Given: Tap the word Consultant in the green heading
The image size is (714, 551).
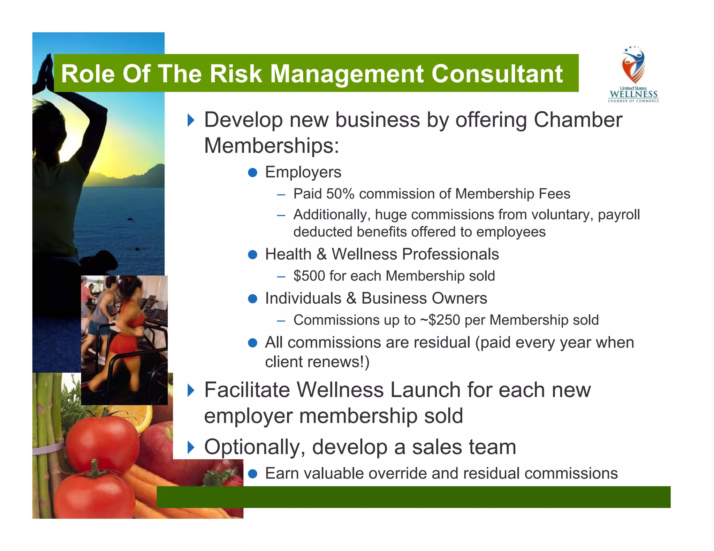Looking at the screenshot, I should pyautogui.click(x=497, y=74).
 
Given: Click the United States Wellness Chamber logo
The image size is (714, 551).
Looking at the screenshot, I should pyautogui.click(x=633, y=75).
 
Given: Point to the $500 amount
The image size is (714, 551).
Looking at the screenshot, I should pyautogui.click(x=309, y=276).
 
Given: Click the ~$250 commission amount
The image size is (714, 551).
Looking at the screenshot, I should pyautogui.click(x=440, y=320).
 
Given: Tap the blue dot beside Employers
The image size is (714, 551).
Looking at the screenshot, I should pyautogui.click(x=252, y=172).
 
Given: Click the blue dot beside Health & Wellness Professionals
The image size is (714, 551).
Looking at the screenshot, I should pyautogui.click(x=252, y=255).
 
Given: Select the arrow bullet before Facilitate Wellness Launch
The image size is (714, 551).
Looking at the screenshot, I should pyautogui.click(x=191, y=390).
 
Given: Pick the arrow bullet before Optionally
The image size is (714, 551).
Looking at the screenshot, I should pyautogui.click(x=191, y=447).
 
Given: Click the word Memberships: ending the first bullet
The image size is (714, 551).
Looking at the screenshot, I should pyautogui.click(x=271, y=146).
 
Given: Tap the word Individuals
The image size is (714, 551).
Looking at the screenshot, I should pyautogui.click(x=303, y=298).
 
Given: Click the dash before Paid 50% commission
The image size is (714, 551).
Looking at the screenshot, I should pyautogui.click(x=281, y=195).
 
